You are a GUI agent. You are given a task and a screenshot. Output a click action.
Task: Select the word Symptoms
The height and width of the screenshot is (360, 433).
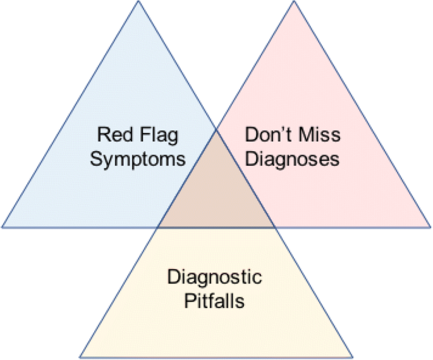pos(137,158)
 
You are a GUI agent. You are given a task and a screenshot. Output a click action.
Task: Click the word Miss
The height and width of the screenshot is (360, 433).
pos(318,135)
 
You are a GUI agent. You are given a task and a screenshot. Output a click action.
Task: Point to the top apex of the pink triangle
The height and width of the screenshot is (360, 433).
pos(293,2)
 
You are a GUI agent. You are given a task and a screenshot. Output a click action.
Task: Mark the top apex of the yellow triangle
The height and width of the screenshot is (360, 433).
pos(216,130)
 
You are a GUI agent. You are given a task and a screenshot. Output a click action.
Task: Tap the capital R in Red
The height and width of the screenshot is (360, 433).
pos(103,135)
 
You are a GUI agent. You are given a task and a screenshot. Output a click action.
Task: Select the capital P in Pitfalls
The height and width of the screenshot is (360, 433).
pos(190,299)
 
